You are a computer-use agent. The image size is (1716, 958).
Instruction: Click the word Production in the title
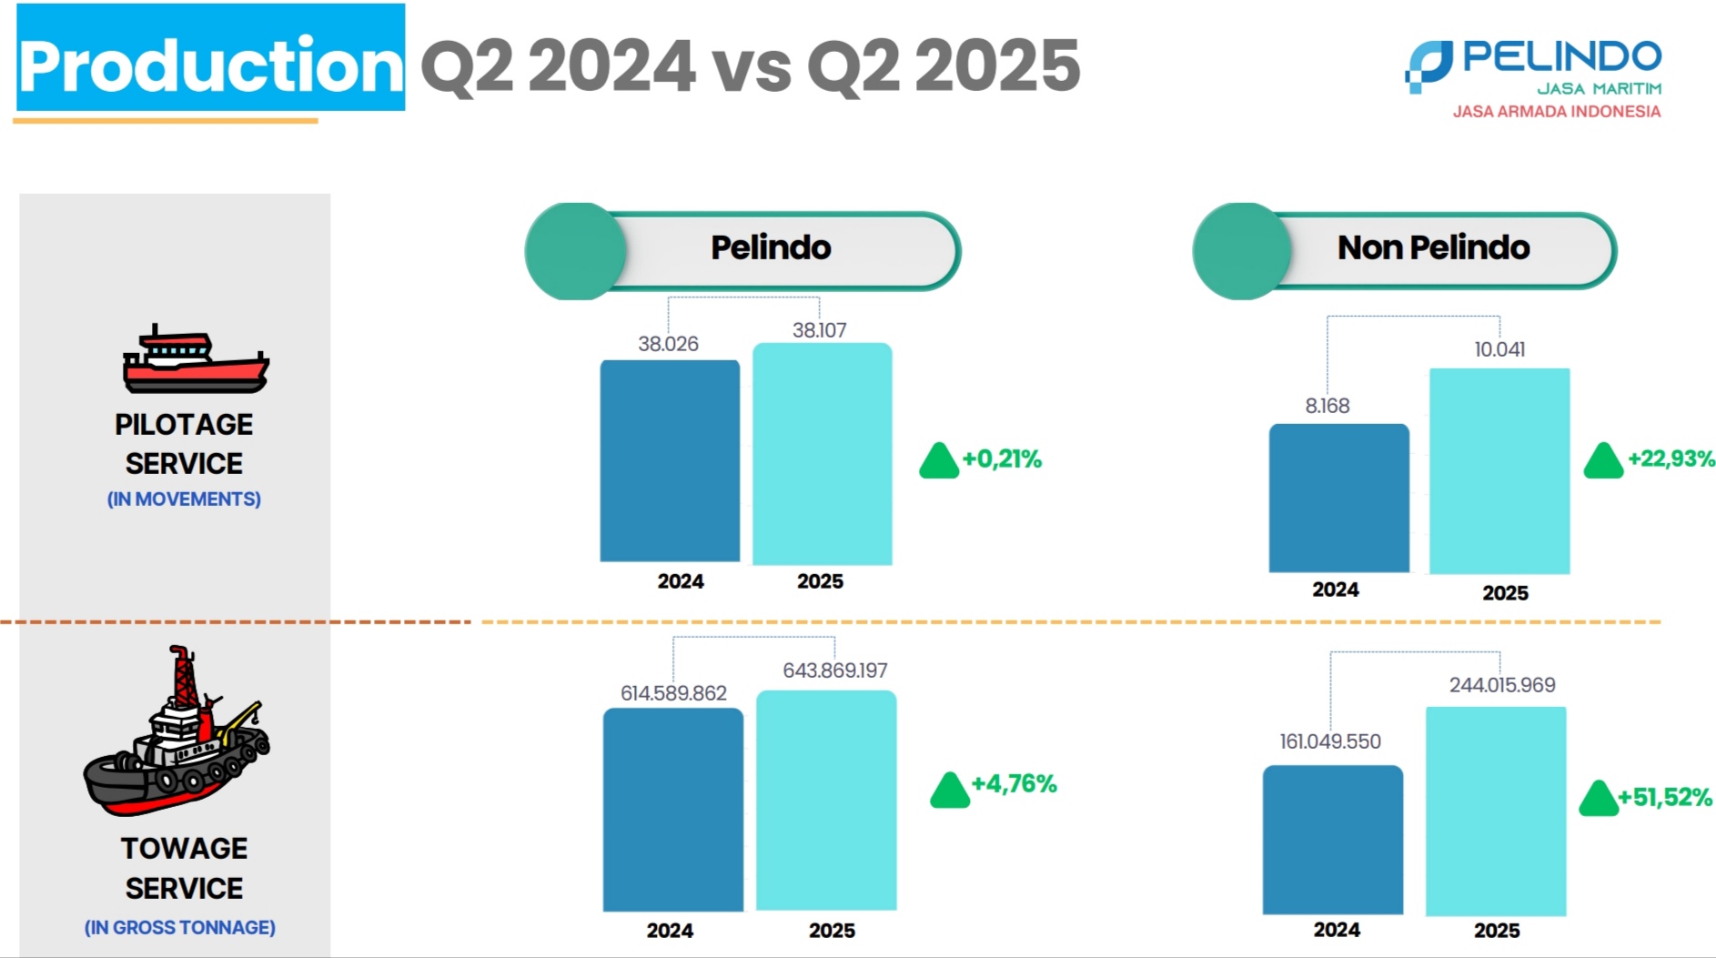point(210,66)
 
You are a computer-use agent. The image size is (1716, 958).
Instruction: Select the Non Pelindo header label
point(1433,247)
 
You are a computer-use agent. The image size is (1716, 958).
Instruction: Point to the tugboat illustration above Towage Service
point(177,732)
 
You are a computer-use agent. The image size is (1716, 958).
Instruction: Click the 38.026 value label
point(668,344)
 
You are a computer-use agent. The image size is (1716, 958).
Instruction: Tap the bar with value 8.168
point(1338,498)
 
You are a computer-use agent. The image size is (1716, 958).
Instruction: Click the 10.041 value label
point(1499,349)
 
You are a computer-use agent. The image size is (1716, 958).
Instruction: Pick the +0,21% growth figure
point(1002,459)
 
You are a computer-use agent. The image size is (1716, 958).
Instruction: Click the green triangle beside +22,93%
point(1603,461)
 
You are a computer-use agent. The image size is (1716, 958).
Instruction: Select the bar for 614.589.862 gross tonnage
point(672,809)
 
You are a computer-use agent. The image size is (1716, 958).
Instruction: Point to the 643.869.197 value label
point(834,671)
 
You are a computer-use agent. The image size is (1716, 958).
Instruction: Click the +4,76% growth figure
point(1014,784)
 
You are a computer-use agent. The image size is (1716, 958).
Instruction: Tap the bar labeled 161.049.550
point(1332,839)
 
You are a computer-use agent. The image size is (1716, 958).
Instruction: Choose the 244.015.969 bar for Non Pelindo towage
point(1496,811)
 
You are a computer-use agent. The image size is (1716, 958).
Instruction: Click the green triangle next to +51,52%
point(1599,799)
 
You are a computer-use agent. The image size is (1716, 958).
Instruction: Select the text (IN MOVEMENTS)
point(184,499)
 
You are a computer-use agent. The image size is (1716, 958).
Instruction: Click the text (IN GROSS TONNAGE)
point(180,928)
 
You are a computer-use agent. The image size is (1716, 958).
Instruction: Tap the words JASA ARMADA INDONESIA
point(1556,112)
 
